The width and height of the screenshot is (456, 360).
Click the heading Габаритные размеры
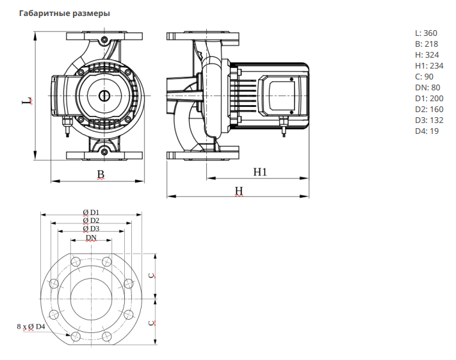pyautogui.click(x=65, y=13)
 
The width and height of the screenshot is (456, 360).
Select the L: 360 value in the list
pyautogui.click(x=427, y=32)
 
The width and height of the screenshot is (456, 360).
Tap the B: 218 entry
pyautogui.click(x=427, y=44)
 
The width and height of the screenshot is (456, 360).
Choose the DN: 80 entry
pyautogui.click(x=428, y=87)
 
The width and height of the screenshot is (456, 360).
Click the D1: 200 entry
pyautogui.click(x=430, y=98)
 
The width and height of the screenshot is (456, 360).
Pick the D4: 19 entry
pyautogui.click(x=427, y=131)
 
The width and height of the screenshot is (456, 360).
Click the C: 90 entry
pyautogui.click(x=425, y=76)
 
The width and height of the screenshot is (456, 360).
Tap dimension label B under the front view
pyautogui.click(x=101, y=174)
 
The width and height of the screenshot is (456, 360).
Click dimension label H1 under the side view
pyautogui.click(x=259, y=172)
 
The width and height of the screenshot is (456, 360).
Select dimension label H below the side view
pyautogui.click(x=238, y=191)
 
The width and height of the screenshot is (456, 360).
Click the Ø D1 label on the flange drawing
pyautogui.click(x=91, y=212)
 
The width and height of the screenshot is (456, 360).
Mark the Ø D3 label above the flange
pyautogui.click(x=91, y=229)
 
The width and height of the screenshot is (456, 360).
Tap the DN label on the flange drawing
pyautogui.click(x=92, y=238)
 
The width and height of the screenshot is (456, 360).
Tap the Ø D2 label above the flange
pyautogui.click(x=91, y=220)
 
